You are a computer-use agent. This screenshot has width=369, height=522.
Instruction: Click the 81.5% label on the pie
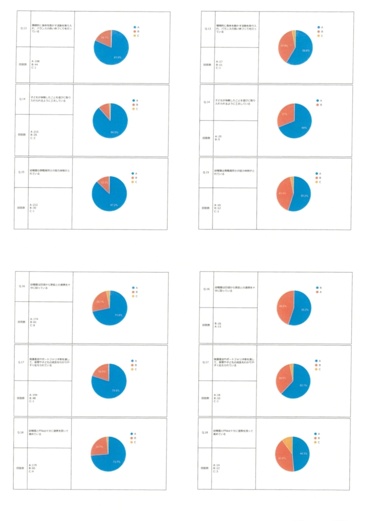point(117,57)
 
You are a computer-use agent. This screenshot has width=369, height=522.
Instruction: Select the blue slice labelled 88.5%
point(113,127)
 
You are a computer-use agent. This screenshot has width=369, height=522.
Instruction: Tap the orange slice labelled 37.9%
point(284,46)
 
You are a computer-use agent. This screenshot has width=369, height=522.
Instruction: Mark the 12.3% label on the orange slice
point(103,182)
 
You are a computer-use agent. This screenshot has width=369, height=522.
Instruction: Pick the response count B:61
point(34,322)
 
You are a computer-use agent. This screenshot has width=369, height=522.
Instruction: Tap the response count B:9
point(218,139)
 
